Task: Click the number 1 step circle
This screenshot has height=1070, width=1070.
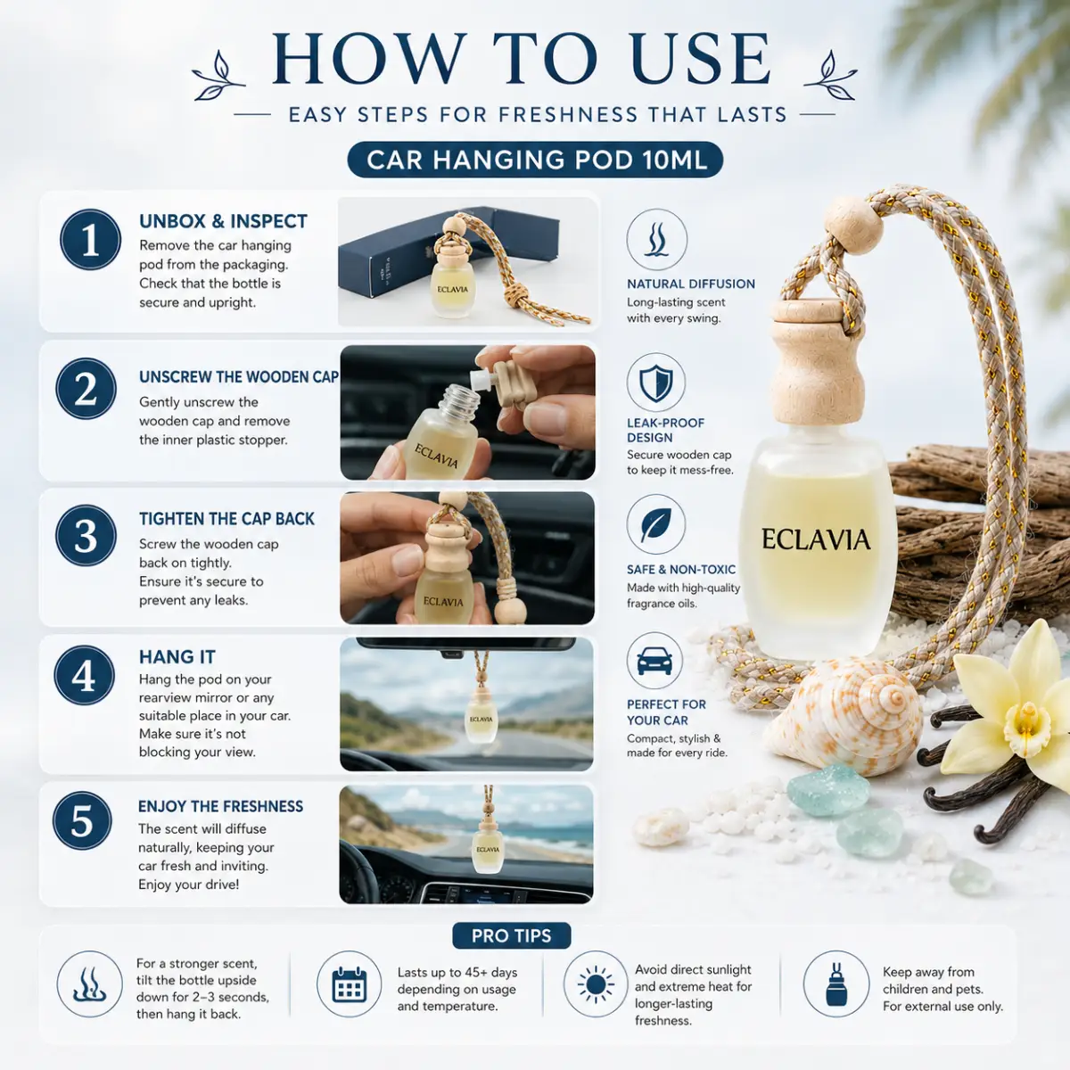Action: (91, 240)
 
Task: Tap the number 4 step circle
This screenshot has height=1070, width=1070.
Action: (85, 675)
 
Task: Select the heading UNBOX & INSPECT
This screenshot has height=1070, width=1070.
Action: (223, 221)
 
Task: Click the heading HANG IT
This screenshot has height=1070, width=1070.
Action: (177, 657)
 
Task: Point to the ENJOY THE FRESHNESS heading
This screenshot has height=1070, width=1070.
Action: (220, 806)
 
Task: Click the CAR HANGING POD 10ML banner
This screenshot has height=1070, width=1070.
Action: (535, 160)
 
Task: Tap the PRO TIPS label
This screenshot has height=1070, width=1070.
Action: (512, 935)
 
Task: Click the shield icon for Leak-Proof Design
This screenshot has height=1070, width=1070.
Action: (655, 383)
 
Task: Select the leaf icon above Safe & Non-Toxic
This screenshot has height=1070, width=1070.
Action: (655, 524)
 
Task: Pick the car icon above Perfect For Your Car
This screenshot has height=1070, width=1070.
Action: (655, 661)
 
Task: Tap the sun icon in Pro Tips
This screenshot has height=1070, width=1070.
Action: (596, 984)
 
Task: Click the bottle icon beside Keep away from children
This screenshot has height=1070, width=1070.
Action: (836, 984)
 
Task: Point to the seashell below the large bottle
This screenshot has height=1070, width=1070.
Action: (844, 716)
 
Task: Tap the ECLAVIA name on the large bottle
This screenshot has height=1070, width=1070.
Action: (816, 539)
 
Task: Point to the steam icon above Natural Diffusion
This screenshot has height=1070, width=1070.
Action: (657, 239)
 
